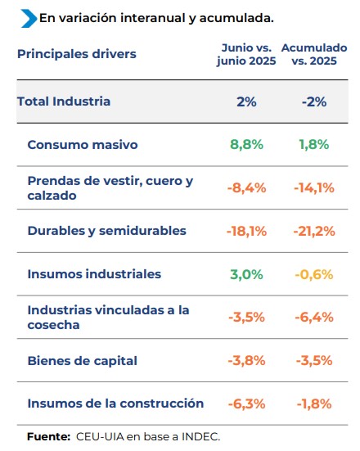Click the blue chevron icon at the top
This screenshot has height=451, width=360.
(29, 18)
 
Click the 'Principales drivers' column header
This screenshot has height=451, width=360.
(77, 54)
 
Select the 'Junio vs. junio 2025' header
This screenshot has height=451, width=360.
(246, 54)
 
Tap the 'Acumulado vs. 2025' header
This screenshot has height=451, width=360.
(314, 54)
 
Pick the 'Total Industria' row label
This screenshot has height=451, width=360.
(64, 101)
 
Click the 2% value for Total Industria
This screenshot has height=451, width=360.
(246, 101)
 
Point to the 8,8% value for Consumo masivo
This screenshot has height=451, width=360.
(246, 144)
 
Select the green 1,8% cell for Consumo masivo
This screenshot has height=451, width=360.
(314, 144)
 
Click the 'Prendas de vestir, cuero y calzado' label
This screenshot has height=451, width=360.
(110, 188)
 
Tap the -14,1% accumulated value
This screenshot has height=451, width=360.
(314, 188)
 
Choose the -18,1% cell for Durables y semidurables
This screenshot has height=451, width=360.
(246, 232)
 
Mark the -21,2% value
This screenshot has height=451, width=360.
(314, 232)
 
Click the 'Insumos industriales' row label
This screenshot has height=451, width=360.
(94, 274)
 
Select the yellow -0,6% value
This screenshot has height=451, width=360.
(314, 275)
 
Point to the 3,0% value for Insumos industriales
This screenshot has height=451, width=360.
(246, 275)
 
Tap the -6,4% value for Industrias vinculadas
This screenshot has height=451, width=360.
(314, 318)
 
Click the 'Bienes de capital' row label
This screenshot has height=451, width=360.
(83, 361)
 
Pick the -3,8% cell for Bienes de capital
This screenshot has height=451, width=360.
(246, 361)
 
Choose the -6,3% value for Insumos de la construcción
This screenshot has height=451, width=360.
(246, 404)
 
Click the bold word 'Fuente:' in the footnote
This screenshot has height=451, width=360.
(48, 436)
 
